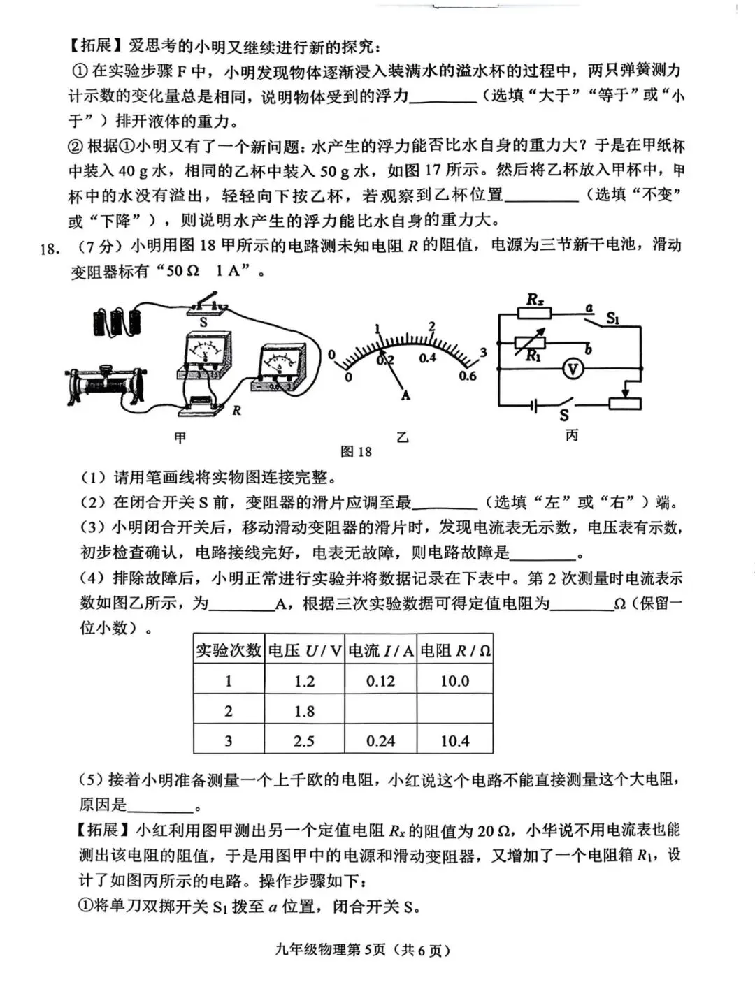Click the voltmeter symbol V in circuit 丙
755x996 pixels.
point(573,369)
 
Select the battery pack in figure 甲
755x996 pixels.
point(117,321)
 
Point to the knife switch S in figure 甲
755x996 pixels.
point(207,306)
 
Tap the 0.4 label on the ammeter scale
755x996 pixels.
point(427,358)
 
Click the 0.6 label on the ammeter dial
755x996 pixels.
point(467,376)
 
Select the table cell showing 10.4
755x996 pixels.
point(454,741)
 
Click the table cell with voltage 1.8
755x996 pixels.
point(304,711)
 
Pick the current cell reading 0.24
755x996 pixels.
point(380,741)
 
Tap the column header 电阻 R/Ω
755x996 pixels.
point(455,650)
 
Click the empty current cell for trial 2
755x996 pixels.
point(380,711)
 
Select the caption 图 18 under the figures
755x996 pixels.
point(356,452)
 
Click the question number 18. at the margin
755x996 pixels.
point(48,248)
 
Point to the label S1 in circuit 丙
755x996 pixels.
point(613,318)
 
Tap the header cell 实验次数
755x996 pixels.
point(228,650)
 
